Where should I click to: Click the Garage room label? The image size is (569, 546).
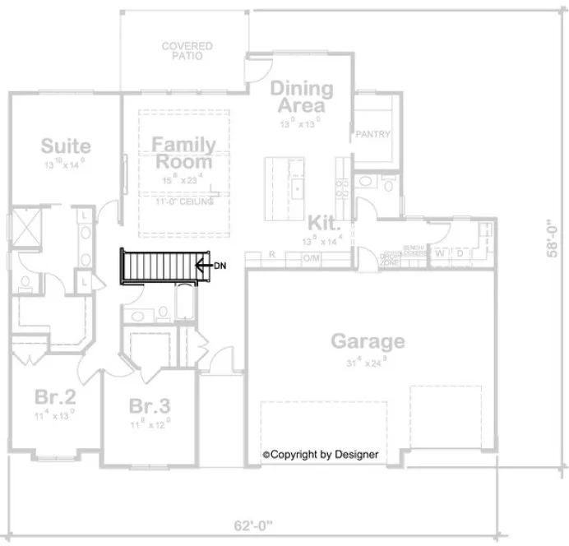[368, 340]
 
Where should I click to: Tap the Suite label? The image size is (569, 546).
[66, 146]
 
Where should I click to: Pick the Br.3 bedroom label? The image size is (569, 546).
[150, 406]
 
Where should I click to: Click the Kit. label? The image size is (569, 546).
[326, 222]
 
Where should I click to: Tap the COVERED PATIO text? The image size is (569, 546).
[187, 52]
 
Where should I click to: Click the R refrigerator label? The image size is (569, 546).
[271, 256]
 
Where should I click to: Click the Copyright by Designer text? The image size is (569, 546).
[320, 454]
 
